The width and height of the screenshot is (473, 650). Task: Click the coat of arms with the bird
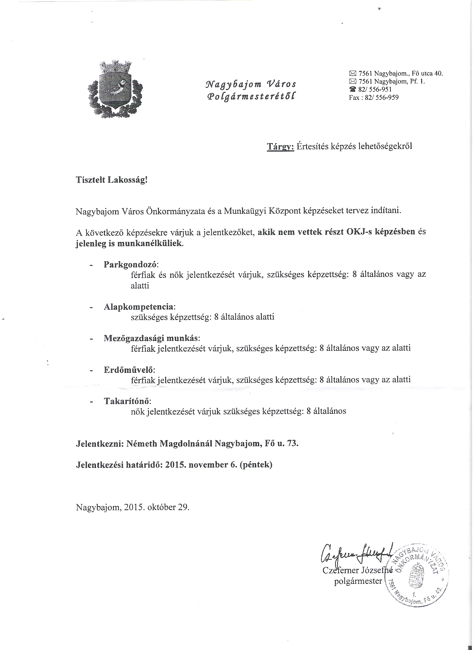115,90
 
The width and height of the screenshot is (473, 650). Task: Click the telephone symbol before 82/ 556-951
352,90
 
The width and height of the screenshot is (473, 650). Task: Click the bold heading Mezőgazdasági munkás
151,338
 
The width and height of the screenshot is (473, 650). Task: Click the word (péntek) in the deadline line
256,465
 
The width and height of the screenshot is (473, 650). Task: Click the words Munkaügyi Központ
260,211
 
